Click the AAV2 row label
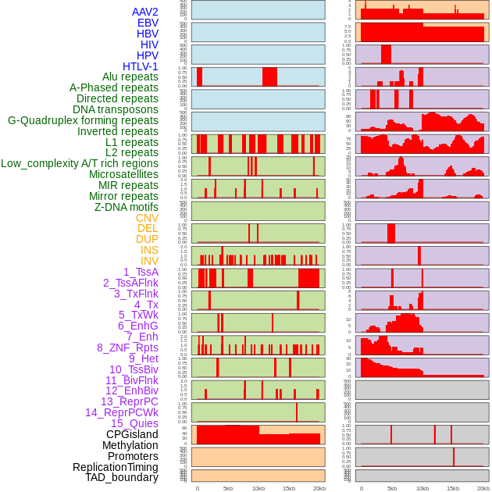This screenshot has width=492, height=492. click(144, 12)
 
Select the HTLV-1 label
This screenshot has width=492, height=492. click(140, 66)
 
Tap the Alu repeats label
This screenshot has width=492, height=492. click(130, 77)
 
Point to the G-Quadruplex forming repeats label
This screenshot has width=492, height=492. click(83, 120)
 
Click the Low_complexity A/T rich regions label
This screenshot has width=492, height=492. click(80, 163)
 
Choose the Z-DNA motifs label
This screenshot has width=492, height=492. click(126, 207)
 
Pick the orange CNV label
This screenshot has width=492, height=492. click(147, 218)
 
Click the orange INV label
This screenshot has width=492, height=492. click(149, 261)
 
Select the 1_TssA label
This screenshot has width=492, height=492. click(141, 272)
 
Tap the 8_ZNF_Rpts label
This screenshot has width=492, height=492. click(127, 348)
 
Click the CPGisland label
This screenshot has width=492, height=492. click(132, 434)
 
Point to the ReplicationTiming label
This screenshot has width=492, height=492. click(115, 467)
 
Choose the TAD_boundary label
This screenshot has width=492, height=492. click(121, 477)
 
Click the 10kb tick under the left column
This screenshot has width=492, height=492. click(258, 488)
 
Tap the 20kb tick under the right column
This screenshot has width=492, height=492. click(483, 488)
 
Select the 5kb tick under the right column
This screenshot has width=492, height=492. click(392, 488)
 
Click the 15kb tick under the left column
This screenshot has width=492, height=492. click(289, 488)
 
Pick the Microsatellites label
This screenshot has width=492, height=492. click(123, 174)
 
